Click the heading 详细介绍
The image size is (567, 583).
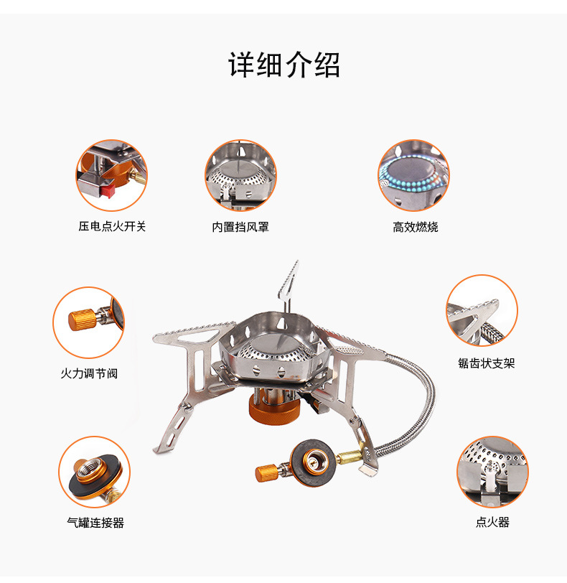pos(283,65)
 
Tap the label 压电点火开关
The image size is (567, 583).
pos(112,226)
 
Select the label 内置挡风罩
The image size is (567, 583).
pos(240,227)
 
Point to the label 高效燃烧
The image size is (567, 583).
pos(415,227)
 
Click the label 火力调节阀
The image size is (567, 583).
pos(88,373)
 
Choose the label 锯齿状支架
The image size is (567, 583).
pos(487,363)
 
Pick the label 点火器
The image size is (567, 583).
pos(492,523)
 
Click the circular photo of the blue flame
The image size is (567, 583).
pos(413,175)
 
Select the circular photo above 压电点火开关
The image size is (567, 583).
pos(111,175)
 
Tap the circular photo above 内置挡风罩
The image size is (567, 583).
pos(240,175)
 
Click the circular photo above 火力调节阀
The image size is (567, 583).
pos(88,322)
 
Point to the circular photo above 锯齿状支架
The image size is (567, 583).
pos(482,311)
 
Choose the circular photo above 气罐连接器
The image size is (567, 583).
pos(94,472)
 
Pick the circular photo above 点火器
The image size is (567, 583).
pos(492,472)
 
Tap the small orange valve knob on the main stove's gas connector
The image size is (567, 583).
pos(266,472)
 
